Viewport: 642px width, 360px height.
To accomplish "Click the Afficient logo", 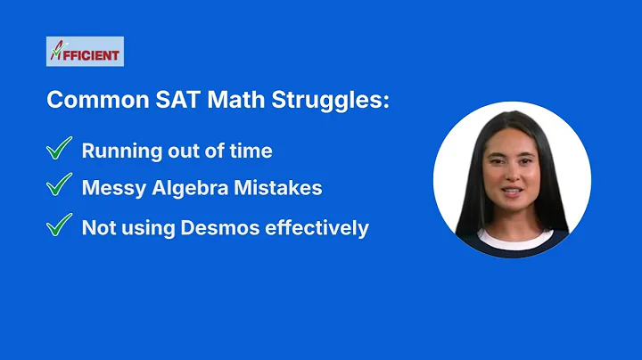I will [x=85, y=52].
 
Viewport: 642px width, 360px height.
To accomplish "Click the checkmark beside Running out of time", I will [x=59, y=149].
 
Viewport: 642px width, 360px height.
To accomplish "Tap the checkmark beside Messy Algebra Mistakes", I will [x=59, y=186].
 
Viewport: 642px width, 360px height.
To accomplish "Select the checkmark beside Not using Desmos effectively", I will [x=59, y=225].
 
